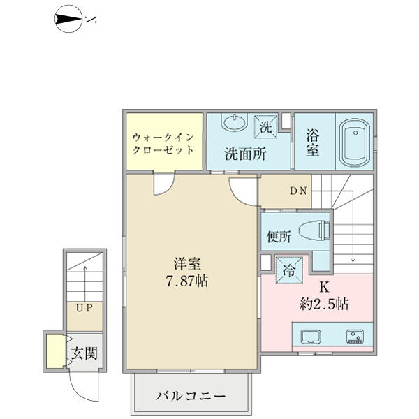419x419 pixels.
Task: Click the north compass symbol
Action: (x=68, y=20)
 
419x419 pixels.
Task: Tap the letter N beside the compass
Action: (x=91, y=20)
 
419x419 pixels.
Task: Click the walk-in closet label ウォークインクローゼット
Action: (x=163, y=143)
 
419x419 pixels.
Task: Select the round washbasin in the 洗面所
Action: (x=235, y=122)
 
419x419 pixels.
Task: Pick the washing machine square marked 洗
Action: (x=265, y=127)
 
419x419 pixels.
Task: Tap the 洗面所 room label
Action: (x=245, y=154)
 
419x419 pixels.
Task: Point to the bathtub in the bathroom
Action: (x=355, y=142)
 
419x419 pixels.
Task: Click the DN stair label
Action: (x=298, y=191)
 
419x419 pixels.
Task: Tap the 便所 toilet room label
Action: (x=279, y=236)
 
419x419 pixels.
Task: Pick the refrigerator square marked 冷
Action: (x=289, y=270)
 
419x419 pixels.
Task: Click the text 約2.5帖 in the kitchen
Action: (x=324, y=304)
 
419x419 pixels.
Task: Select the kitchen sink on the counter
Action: (x=311, y=337)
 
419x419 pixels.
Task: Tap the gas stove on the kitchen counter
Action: (x=355, y=337)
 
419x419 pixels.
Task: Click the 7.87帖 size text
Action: (x=187, y=281)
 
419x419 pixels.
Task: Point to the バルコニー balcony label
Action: (x=191, y=396)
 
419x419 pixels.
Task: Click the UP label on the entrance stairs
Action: (x=84, y=308)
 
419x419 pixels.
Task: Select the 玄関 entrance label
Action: (x=84, y=353)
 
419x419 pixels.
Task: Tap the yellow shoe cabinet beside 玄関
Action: (x=56, y=351)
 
